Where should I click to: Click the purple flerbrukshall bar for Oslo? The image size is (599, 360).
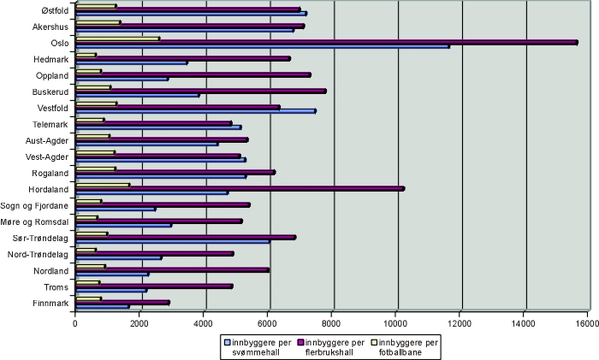point(325,41)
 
